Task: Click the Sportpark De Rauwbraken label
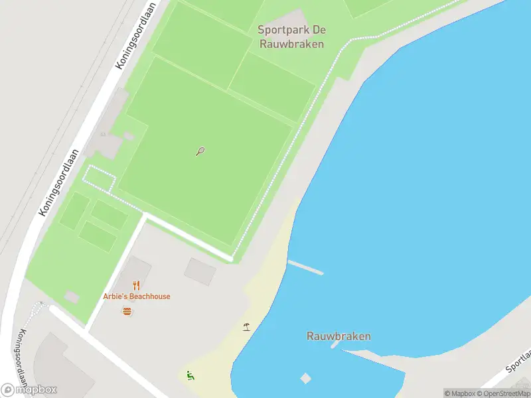click(291, 36)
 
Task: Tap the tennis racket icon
click(200, 151)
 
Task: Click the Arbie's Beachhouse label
click(136, 297)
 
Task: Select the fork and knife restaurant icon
click(137, 285)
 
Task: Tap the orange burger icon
click(127, 310)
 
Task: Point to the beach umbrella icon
click(246, 326)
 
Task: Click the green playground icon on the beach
click(190, 375)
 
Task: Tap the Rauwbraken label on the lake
click(339, 336)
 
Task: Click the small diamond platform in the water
click(305, 378)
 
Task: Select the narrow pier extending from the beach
click(305, 267)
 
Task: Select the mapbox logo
click(29, 390)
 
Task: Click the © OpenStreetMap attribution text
click(503, 393)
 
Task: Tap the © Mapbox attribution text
click(459, 393)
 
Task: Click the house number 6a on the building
click(103, 134)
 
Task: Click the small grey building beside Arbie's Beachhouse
click(200, 271)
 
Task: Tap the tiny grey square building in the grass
click(72, 297)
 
